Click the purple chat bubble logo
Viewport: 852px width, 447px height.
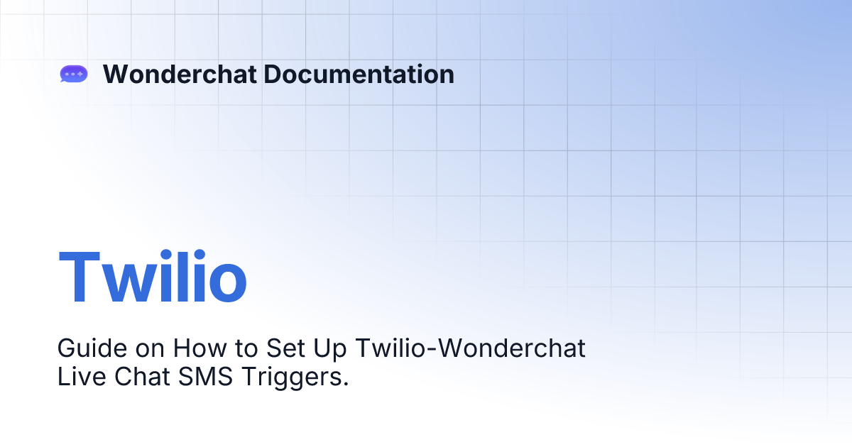pos(74,74)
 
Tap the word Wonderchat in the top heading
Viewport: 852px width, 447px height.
pos(180,74)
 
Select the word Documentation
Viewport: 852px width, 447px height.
pos(359,74)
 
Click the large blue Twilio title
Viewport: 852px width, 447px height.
pos(153,276)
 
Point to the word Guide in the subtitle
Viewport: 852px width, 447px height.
pos(92,348)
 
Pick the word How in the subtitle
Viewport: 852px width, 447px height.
pos(200,348)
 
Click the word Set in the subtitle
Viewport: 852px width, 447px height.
pos(285,348)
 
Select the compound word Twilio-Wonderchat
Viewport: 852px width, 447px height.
pos(470,348)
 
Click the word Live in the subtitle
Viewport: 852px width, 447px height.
pos(82,377)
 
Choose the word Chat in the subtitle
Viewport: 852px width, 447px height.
pos(142,377)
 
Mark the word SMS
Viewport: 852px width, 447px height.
pos(205,377)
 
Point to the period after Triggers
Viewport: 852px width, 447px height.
pos(346,384)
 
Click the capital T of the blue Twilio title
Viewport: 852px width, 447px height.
pos(79,276)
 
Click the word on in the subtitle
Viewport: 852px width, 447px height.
pos(151,351)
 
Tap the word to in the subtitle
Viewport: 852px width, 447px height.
pos(246,349)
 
